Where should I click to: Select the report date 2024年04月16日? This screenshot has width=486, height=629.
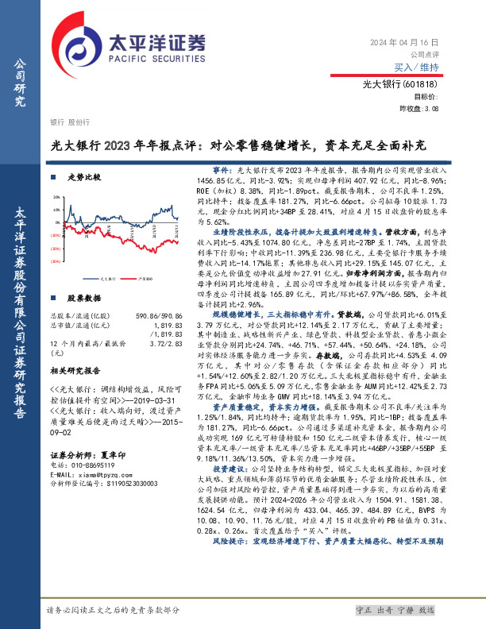[x=403, y=41]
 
